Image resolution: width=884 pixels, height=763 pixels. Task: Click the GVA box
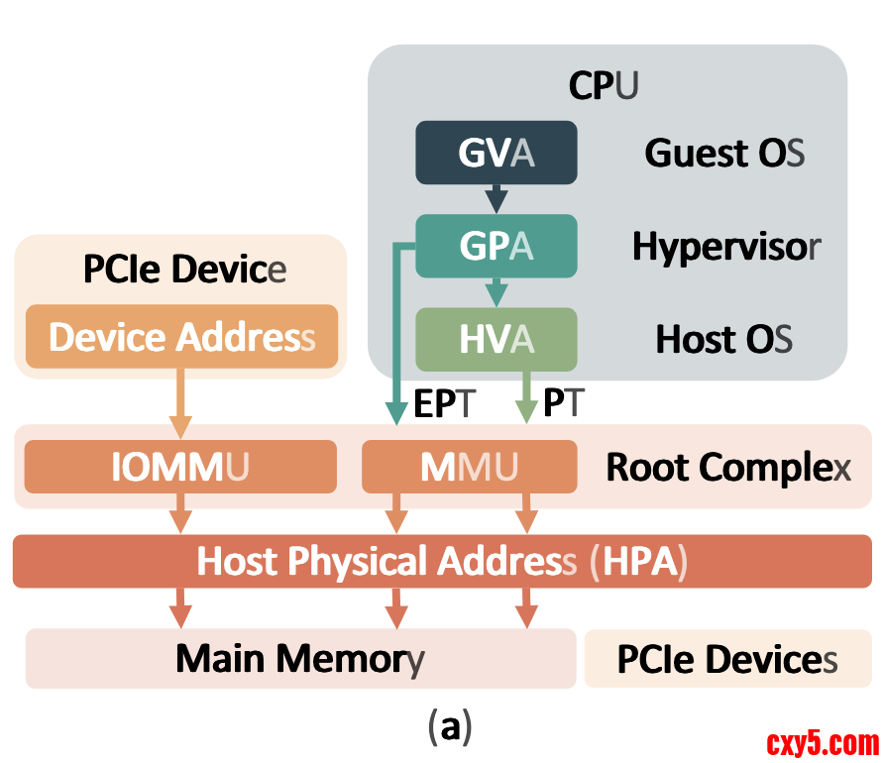[x=496, y=153]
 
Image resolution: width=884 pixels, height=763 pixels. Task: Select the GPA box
[x=496, y=246]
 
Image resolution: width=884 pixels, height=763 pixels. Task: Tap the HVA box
[x=496, y=339]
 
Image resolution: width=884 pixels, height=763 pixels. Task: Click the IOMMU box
[x=180, y=467]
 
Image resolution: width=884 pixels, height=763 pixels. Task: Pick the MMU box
[x=469, y=467]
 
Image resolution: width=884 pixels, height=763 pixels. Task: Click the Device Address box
[x=181, y=337]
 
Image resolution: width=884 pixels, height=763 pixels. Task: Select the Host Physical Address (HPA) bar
[x=442, y=561]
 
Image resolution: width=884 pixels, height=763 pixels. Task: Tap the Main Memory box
[x=300, y=658]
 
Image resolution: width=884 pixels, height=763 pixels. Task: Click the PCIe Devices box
[x=727, y=659]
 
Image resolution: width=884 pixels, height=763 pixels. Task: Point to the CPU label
[x=603, y=86]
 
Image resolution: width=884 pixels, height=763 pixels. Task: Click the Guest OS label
[x=724, y=153]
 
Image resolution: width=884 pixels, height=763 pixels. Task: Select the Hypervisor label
[x=726, y=246]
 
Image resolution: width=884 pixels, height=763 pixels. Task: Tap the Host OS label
[x=723, y=339]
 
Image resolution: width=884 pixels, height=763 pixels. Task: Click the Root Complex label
[x=728, y=467]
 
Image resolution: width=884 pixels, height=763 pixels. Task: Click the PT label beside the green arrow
[x=564, y=403]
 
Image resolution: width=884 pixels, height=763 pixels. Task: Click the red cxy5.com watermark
[x=823, y=742]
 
